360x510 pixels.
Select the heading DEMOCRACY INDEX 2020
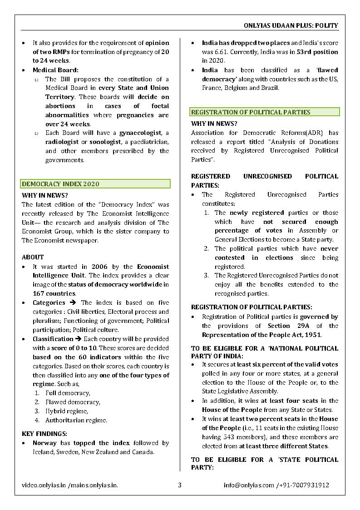(x=60, y=184)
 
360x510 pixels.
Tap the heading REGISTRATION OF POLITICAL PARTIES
(x=251, y=112)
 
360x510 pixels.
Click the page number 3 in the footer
(x=180, y=485)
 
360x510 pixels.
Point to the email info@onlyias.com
(x=249, y=485)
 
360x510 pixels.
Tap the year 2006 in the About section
(x=99, y=267)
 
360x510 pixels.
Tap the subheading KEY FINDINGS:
(x=44, y=434)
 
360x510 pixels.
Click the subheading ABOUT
(x=33, y=257)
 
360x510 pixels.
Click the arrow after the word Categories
(x=73, y=302)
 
